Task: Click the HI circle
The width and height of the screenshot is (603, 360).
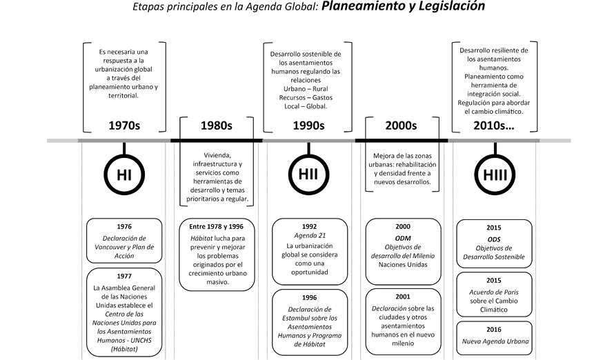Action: (124, 175)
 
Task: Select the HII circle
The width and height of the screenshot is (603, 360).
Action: (308, 175)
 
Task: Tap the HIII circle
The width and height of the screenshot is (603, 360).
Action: (494, 175)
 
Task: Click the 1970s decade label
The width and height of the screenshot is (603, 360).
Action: (125, 126)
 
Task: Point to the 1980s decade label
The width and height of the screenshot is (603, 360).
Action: (216, 126)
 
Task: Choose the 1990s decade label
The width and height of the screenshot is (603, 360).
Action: (308, 126)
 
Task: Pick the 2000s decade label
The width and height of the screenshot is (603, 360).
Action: (401, 126)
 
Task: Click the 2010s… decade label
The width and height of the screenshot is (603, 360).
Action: (494, 126)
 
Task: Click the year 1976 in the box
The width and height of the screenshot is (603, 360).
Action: (124, 226)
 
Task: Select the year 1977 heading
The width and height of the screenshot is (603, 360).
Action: (124, 276)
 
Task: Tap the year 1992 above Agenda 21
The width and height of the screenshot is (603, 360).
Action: (308, 226)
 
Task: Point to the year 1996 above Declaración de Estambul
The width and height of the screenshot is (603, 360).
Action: (308, 299)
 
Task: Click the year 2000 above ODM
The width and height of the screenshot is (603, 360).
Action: (402, 226)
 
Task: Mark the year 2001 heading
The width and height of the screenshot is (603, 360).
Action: (402, 298)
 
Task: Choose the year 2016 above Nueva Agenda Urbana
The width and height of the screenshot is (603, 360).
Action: (494, 330)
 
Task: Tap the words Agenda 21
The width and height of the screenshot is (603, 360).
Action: (308, 235)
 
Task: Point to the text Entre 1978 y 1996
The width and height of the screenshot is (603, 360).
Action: (216, 226)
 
